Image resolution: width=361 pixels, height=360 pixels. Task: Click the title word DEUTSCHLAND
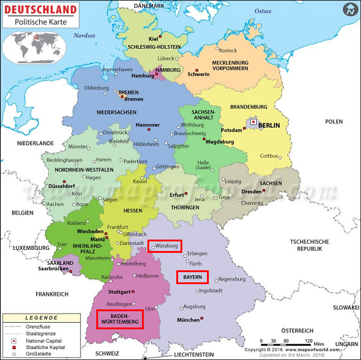tap(40, 10)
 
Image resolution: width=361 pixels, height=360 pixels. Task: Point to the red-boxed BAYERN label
tap(192, 277)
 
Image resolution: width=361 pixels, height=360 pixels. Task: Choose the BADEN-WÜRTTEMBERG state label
tap(120, 319)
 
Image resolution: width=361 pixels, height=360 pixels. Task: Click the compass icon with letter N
tap(350, 10)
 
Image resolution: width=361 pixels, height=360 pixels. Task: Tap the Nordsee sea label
tap(84, 36)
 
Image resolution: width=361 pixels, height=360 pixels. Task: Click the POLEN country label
tap(334, 122)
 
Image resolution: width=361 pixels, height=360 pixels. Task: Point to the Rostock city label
tap(228, 51)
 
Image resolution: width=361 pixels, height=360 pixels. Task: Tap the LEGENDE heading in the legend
tap(42, 318)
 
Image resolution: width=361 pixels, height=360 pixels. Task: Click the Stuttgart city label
tap(119, 291)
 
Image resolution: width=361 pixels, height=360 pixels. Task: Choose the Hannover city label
tap(147, 125)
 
